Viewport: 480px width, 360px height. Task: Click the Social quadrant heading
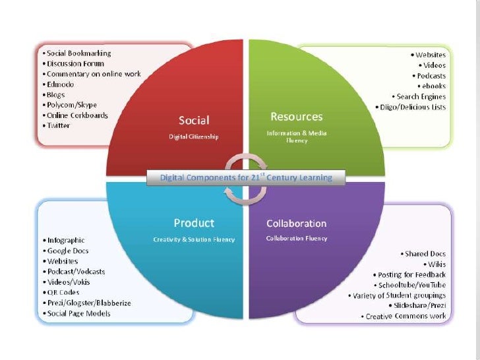194,121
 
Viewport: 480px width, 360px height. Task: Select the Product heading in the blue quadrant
194,223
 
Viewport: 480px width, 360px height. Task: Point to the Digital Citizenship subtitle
194,136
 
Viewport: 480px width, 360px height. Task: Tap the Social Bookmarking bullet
78,53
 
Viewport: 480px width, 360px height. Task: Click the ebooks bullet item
433,86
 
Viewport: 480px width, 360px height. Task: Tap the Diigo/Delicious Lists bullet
411,107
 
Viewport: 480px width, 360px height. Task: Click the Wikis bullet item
435,264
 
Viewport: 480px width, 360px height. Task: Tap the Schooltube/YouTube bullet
410,284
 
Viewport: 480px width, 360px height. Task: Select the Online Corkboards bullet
76,115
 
